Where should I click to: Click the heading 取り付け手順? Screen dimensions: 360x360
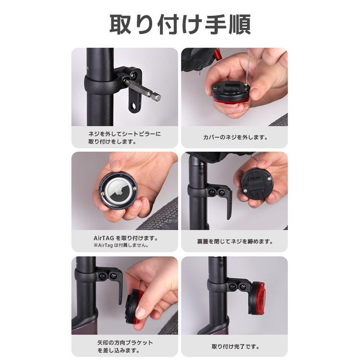(x=180, y=25)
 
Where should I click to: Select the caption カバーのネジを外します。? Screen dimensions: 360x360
(x=235, y=137)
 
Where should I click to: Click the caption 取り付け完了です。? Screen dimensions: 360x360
(x=235, y=347)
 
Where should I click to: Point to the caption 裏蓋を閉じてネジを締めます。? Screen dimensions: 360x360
(x=235, y=241)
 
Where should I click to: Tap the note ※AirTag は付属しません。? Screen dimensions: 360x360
(x=121, y=245)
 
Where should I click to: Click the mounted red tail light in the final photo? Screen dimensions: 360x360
(x=257, y=298)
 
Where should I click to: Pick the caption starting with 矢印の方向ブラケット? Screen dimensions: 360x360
(x=125, y=347)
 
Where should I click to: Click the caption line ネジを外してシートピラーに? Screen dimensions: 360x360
(x=125, y=134)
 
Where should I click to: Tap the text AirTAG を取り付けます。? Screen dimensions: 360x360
(x=126, y=238)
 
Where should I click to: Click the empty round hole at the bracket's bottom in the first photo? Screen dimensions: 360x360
(x=133, y=106)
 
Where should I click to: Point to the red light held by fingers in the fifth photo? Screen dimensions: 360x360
(x=135, y=307)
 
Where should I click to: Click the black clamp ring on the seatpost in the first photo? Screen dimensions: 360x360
(x=100, y=84)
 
